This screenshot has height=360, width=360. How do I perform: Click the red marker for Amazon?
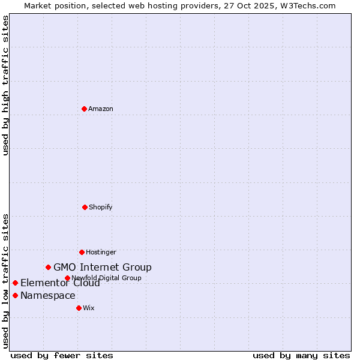(x=84, y=109)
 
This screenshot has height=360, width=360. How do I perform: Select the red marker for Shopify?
(x=85, y=207)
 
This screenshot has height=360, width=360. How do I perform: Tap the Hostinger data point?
(x=82, y=252)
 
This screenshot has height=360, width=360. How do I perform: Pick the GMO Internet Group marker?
(x=48, y=267)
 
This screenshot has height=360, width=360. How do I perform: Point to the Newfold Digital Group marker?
(x=67, y=278)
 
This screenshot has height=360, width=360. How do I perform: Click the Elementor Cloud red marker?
(x=15, y=283)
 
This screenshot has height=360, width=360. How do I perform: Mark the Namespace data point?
(x=15, y=295)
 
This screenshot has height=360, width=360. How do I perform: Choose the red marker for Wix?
(x=79, y=308)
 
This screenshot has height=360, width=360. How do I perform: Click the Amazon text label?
(x=101, y=109)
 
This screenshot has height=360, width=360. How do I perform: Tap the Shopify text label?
(x=101, y=207)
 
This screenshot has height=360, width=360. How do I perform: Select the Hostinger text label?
(x=101, y=252)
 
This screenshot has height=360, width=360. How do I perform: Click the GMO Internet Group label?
(x=103, y=267)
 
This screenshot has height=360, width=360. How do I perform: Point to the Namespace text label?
(x=48, y=295)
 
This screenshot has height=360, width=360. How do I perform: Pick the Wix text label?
(x=89, y=308)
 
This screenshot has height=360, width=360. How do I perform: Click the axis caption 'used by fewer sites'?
(x=62, y=355)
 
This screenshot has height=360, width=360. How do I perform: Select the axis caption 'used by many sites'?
(x=301, y=355)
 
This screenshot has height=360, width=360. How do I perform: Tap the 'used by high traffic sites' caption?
(x=5, y=85)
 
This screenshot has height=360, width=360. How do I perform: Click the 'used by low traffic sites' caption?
(x=5, y=280)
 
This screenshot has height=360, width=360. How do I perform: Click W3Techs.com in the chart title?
(x=310, y=5)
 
